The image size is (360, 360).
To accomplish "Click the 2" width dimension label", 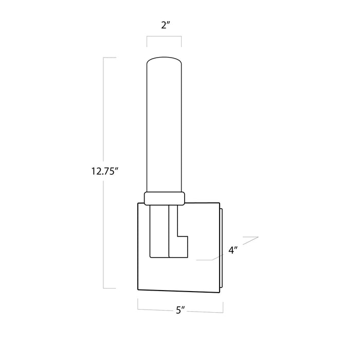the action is (165, 25).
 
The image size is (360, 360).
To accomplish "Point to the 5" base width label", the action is (181, 311).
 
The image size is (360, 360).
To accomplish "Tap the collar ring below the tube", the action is (165, 199).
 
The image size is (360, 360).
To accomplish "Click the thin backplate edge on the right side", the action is (221, 247).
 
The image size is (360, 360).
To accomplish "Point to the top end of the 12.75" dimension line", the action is (103, 58).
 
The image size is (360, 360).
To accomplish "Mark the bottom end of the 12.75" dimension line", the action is (103, 288).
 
